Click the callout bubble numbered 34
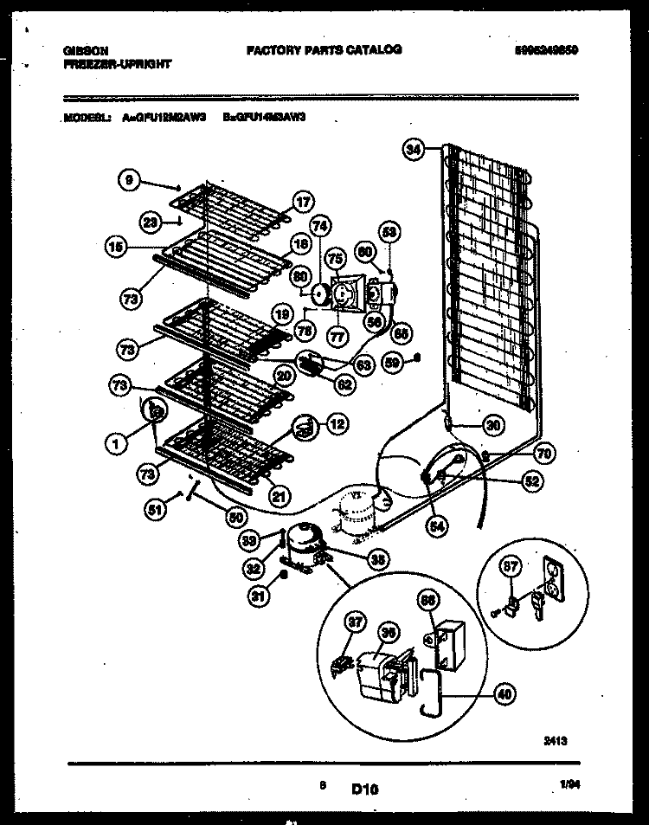414,150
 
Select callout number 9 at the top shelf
129,180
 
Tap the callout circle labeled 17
301,203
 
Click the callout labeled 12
337,423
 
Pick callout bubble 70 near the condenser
544,452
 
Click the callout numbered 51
157,510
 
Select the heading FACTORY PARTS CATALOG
324,50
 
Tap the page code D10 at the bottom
365,788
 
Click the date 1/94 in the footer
569,784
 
